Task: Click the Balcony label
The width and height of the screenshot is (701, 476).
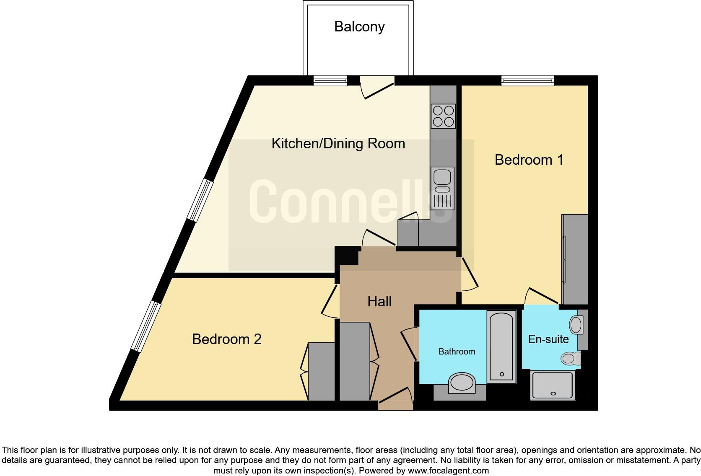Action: pyautogui.click(x=359, y=27)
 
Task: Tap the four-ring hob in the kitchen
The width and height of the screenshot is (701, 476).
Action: pyautogui.click(x=443, y=116)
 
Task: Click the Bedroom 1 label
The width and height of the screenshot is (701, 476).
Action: pyautogui.click(x=529, y=160)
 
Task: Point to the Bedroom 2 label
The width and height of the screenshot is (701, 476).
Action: pyautogui.click(x=226, y=339)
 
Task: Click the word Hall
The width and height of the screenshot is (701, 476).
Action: pyautogui.click(x=379, y=301)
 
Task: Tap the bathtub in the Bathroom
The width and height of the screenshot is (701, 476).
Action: pyautogui.click(x=501, y=346)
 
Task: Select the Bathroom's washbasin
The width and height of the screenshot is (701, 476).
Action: pyautogui.click(x=462, y=383)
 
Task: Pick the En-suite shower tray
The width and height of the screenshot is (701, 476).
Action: pyautogui.click(x=552, y=385)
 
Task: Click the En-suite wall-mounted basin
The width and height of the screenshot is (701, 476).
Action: pyautogui.click(x=576, y=325)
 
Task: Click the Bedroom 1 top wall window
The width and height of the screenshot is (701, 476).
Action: pyautogui.click(x=528, y=80)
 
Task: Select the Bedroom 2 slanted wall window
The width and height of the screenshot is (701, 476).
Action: pyautogui.click(x=145, y=326)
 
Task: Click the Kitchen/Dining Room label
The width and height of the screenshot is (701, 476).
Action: pyautogui.click(x=338, y=144)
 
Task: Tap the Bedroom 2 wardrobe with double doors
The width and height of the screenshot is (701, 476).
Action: pyautogui.click(x=321, y=371)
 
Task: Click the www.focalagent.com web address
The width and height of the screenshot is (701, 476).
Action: pyautogui.click(x=448, y=471)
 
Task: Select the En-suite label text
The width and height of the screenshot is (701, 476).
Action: pyautogui.click(x=548, y=339)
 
